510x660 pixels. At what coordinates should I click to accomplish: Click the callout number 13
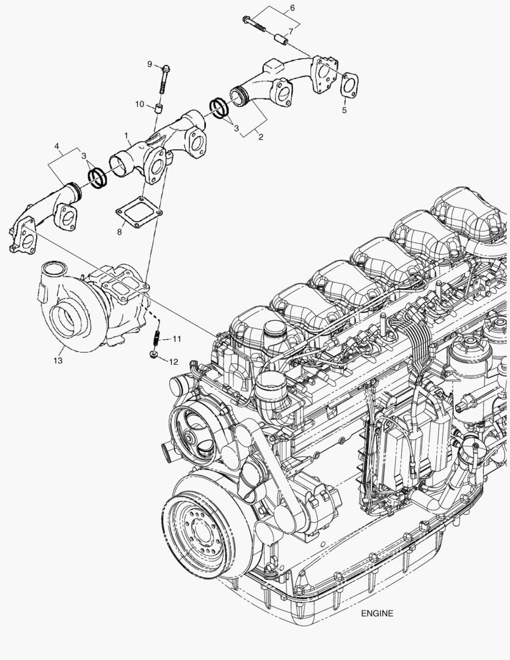(x=57, y=361)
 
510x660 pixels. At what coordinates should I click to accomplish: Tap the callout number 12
(x=173, y=361)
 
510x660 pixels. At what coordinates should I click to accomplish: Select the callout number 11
(x=177, y=338)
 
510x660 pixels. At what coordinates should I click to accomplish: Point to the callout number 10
(x=140, y=105)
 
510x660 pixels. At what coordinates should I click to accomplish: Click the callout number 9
(x=148, y=64)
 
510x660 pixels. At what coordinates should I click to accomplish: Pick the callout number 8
(x=120, y=230)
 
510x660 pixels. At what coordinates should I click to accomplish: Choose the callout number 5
(x=344, y=110)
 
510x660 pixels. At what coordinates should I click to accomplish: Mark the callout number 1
(x=126, y=134)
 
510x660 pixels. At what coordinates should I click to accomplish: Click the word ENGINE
(x=377, y=614)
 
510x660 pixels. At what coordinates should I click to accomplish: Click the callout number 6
(x=291, y=8)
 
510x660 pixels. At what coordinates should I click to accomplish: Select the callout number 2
(x=261, y=137)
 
